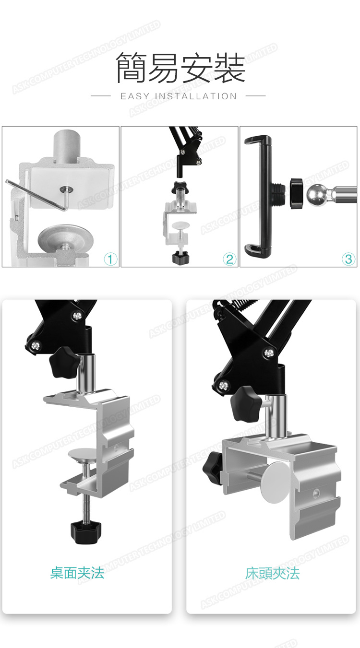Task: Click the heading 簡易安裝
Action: tap(180, 68)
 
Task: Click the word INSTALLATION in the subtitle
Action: tap(196, 96)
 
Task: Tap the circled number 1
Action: tap(110, 259)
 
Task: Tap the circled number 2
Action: tap(229, 259)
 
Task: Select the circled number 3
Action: tap(348, 259)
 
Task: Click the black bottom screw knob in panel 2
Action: tap(180, 257)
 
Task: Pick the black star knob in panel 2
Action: tap(180, 188)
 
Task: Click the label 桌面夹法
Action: tap(77, 573)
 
